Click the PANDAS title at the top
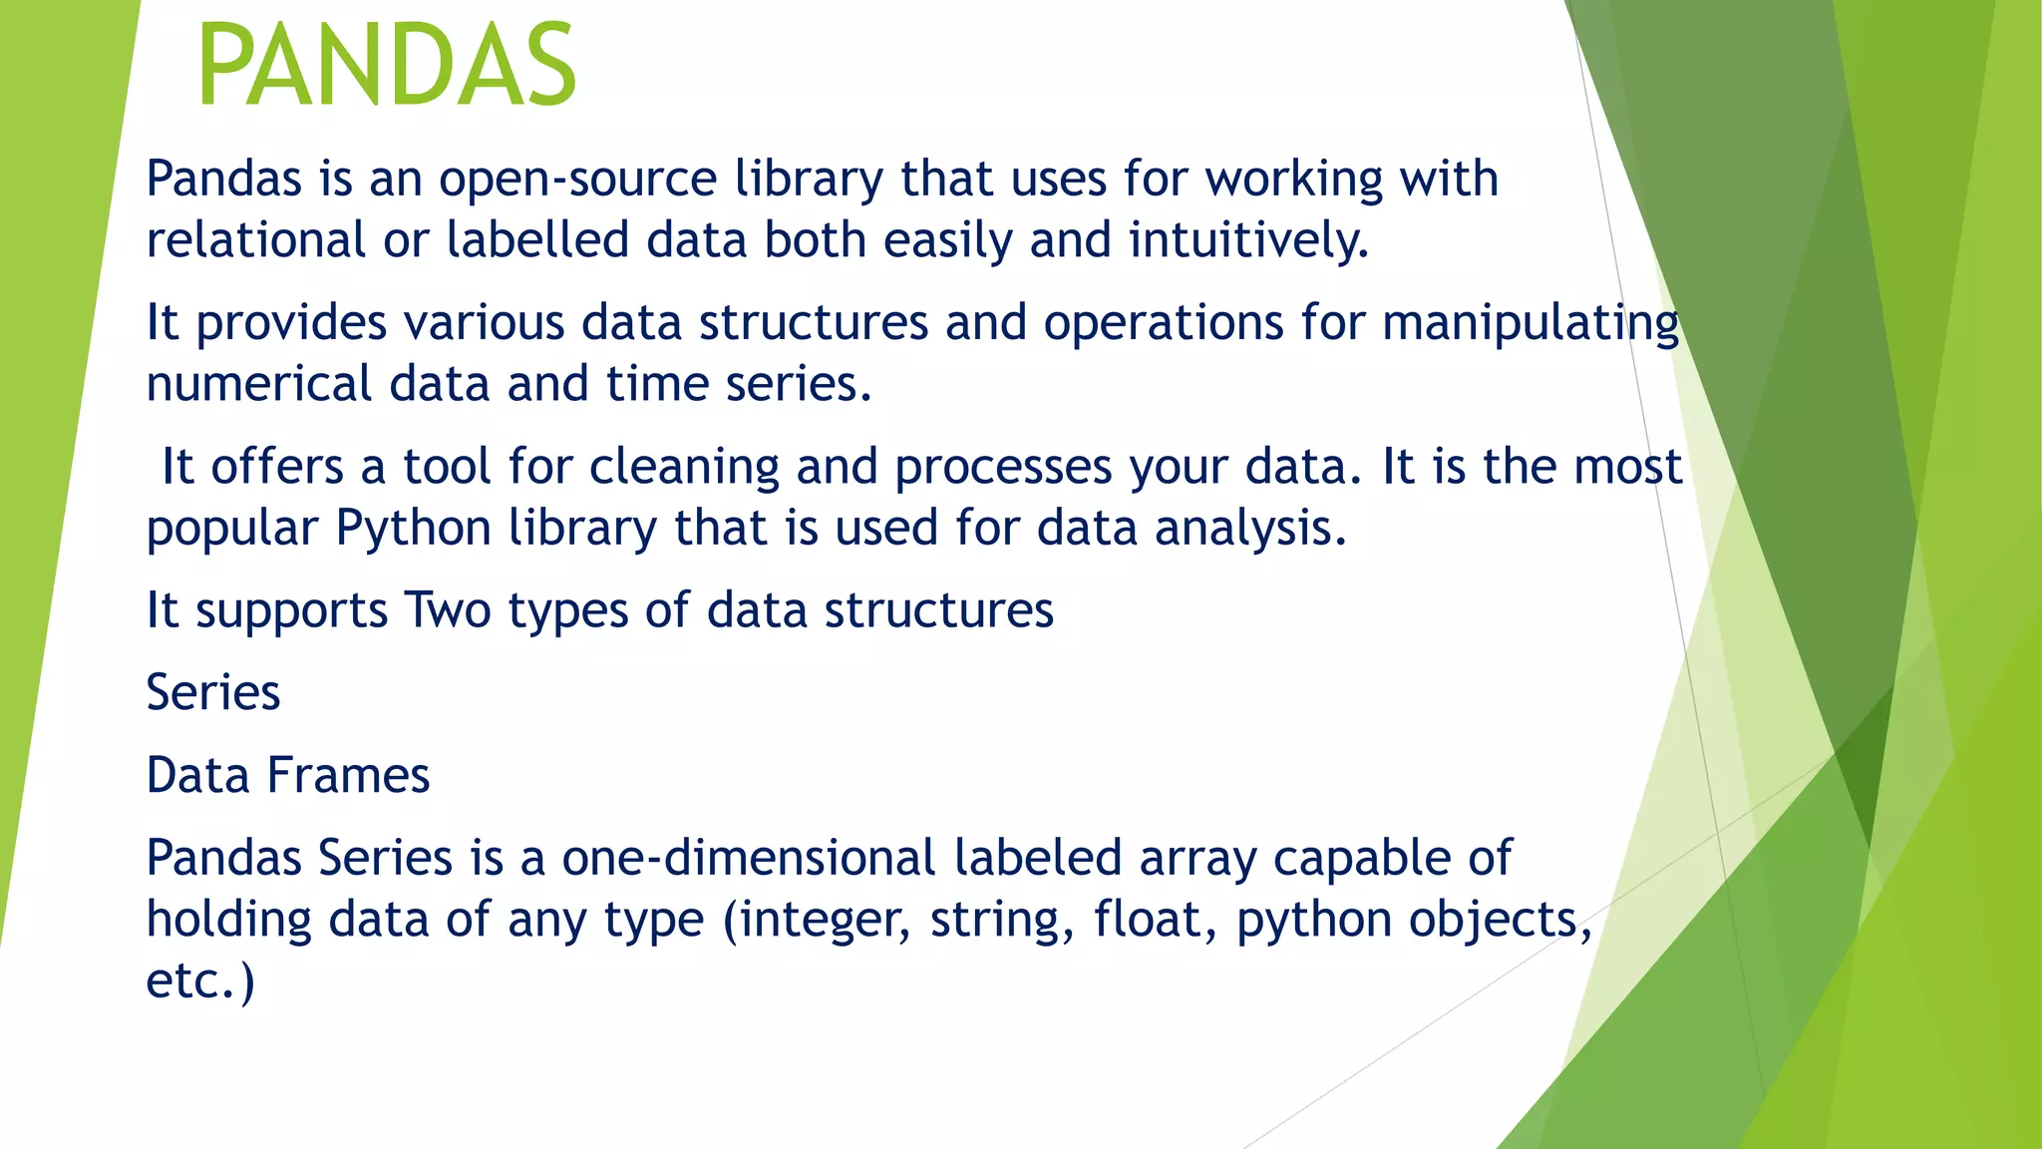387,66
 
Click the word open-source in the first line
577,181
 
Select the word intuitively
1248,241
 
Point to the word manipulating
1531,324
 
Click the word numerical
259,385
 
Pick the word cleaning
684,468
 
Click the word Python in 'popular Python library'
413,529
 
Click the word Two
447,610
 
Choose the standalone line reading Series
213,693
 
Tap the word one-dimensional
749,859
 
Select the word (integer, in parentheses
817,921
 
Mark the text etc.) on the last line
200,981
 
